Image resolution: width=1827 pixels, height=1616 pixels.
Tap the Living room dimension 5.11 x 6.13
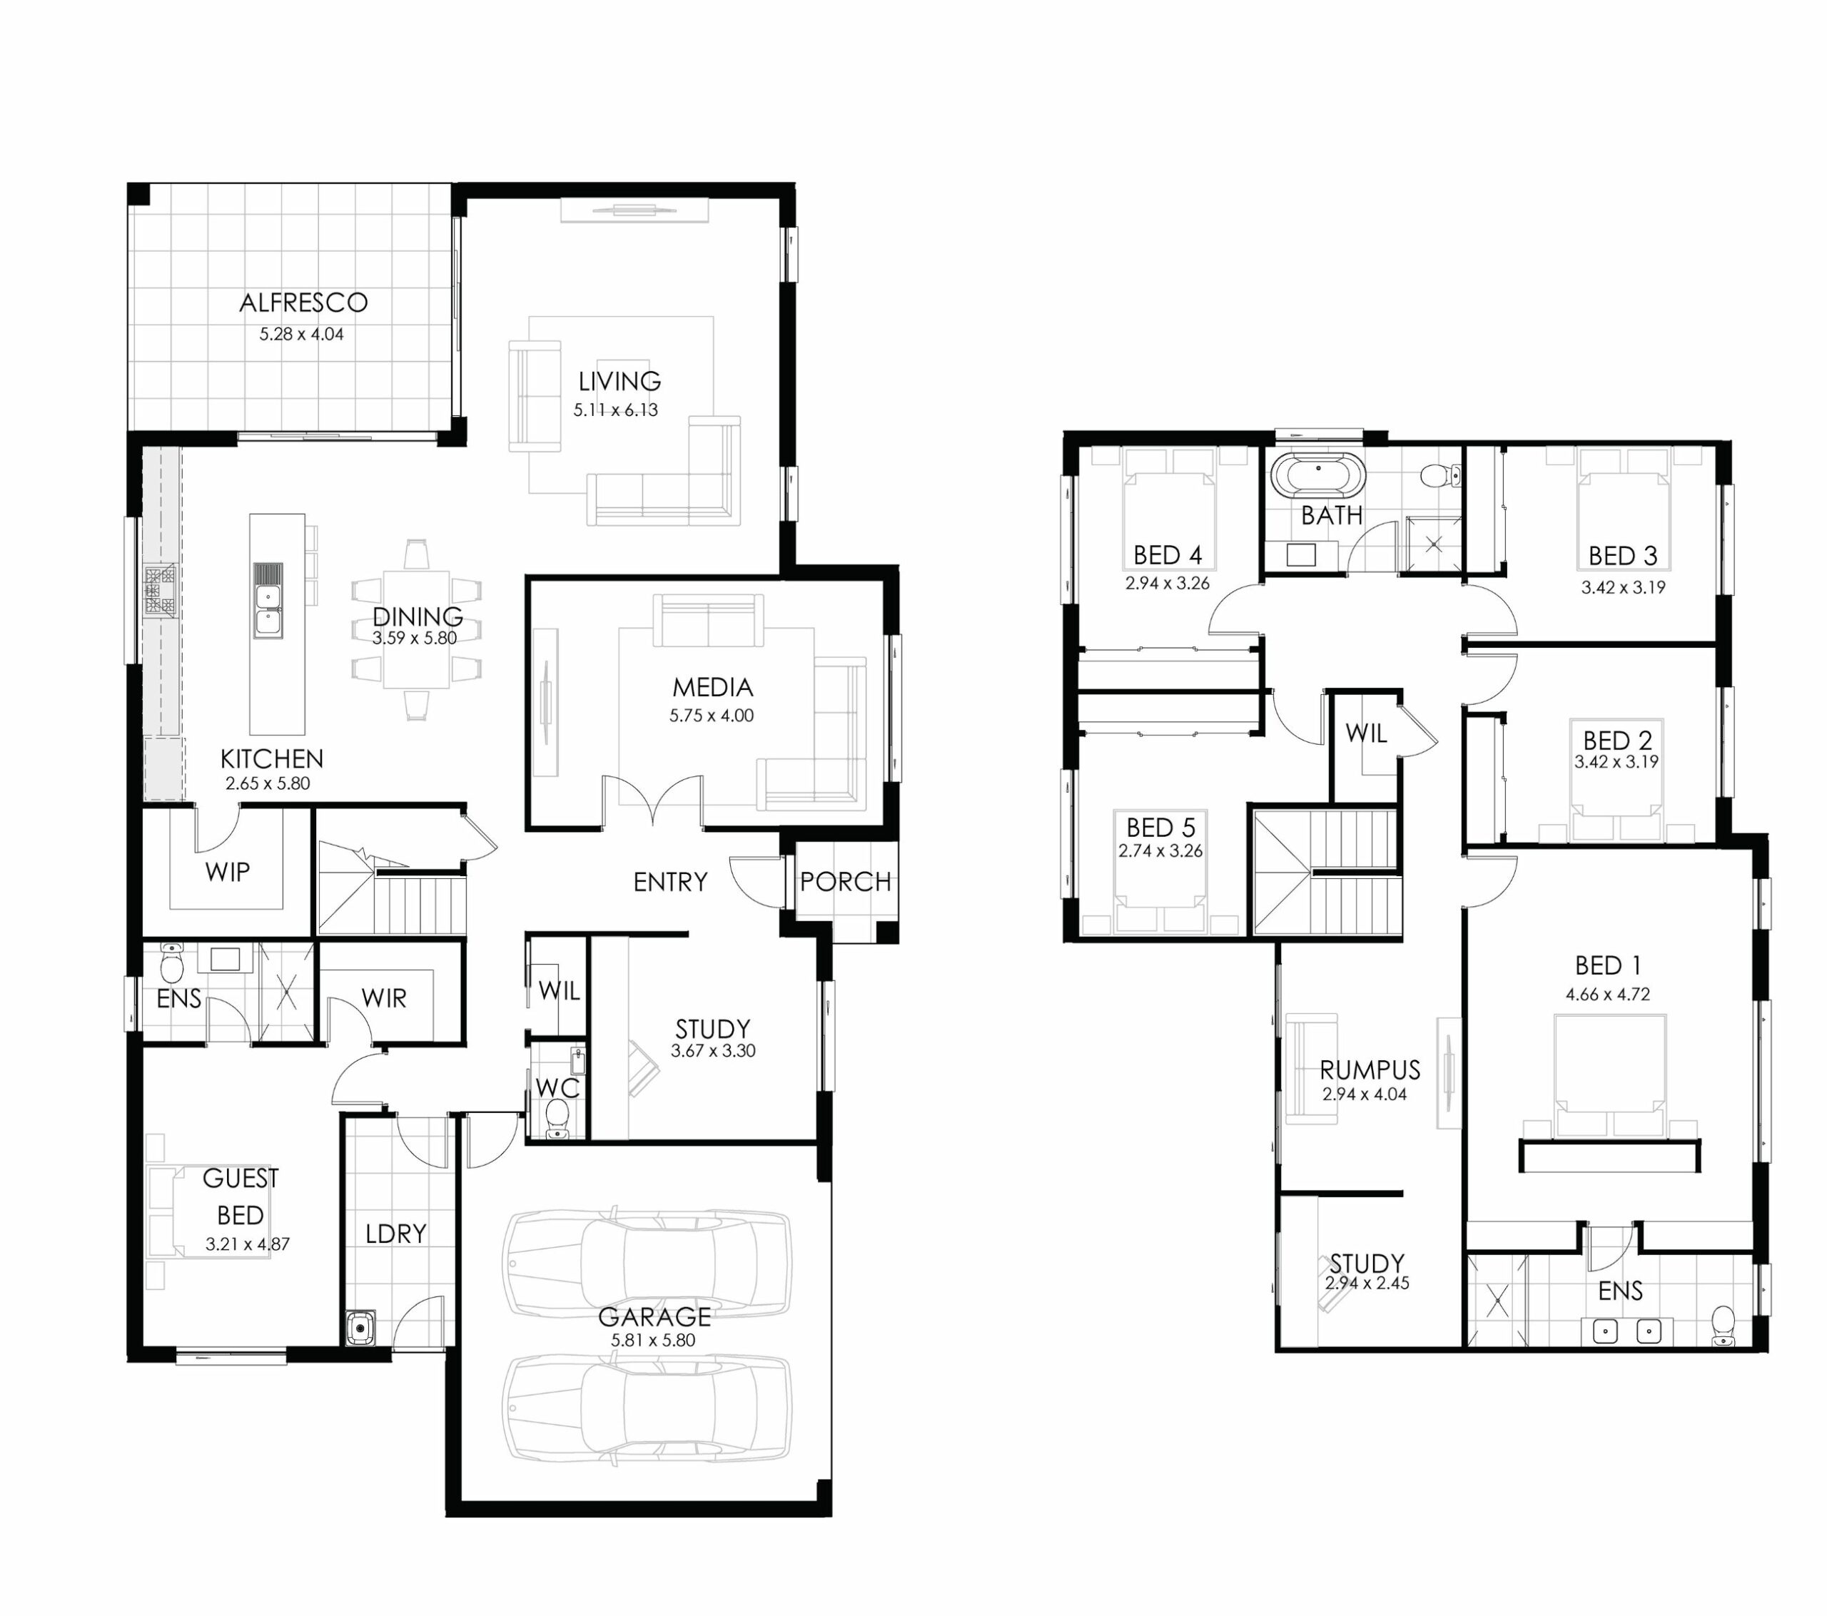coord(616,410)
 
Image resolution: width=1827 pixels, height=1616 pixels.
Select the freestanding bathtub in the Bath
coord(1318,474)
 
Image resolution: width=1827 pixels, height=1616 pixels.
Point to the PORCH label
coord(846,882)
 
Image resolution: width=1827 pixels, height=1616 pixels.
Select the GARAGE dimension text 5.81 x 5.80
coord(654,1341)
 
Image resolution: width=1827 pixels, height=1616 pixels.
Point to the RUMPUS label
coord(1370,1070)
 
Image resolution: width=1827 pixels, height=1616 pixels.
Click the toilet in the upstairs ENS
coord(1722,1326)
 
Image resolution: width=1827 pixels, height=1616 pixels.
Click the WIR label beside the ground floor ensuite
coord(383,998)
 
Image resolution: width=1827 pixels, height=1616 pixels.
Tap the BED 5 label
coord(1160,827)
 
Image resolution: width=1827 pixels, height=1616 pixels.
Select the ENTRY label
coord(670,882)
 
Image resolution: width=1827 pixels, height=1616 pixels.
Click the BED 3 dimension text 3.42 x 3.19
coord(1623,588)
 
